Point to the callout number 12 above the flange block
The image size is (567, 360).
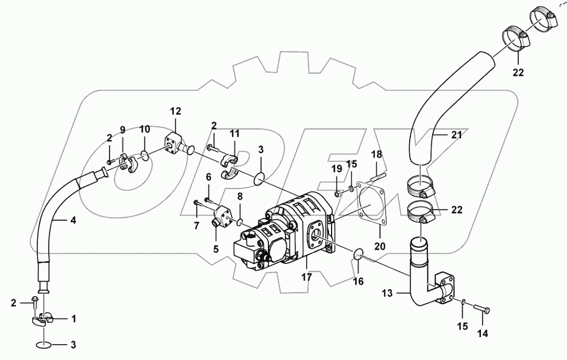tap(175, 111)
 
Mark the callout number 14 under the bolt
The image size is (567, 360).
tap(483, 334)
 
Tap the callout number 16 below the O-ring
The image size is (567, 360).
tap(359, 281)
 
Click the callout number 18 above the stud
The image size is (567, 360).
tap(376, 154)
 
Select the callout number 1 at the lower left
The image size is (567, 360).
tap(73, 319)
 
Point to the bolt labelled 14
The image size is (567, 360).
tap(479, 309)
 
